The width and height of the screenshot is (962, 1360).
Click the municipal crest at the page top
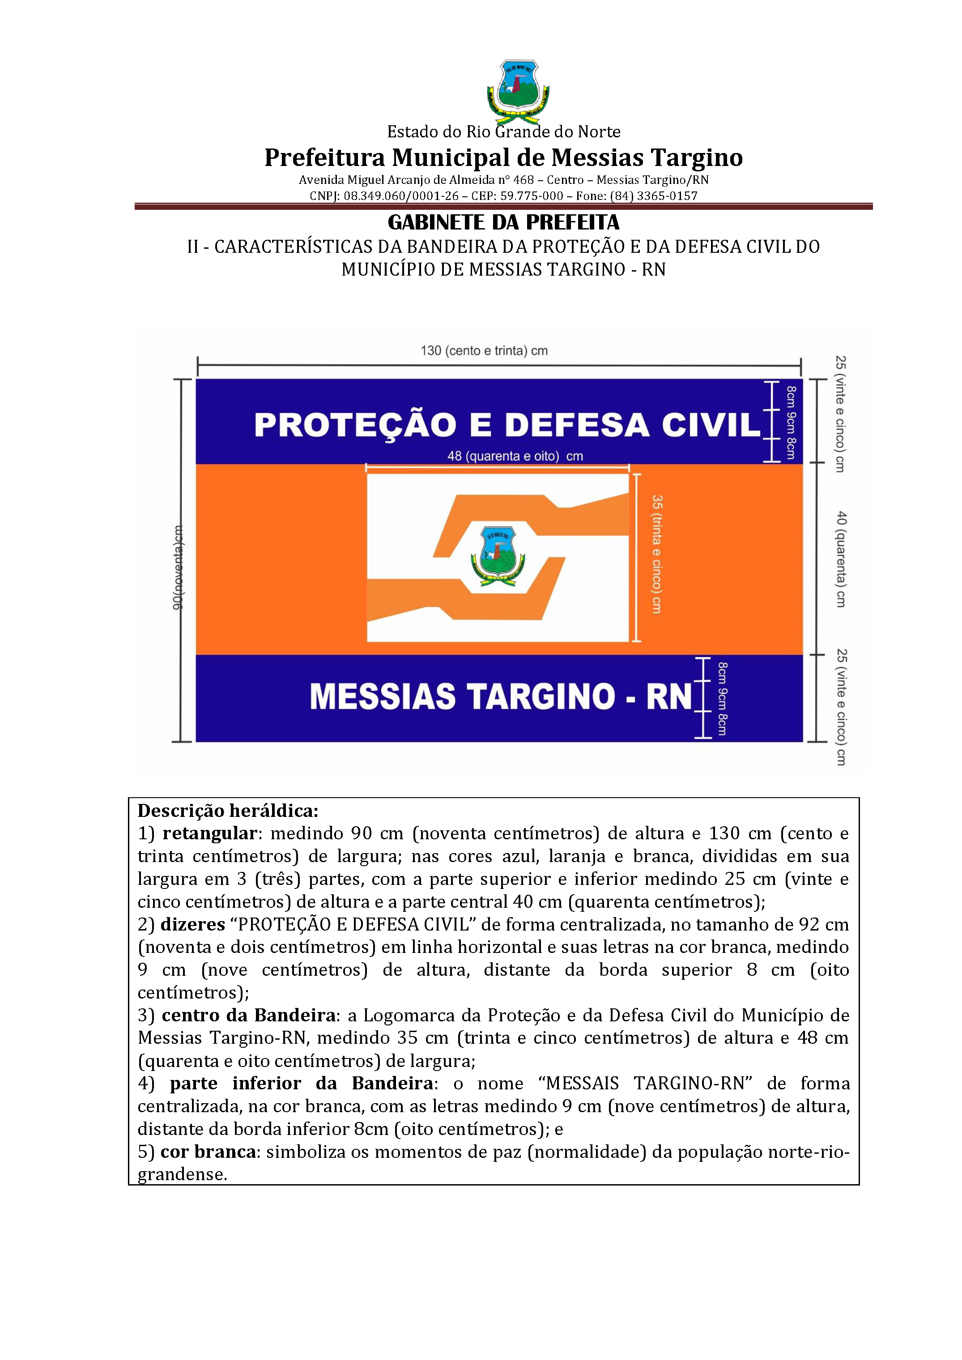tap(518, 90)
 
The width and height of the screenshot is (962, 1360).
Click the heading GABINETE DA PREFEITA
tap(503, 223)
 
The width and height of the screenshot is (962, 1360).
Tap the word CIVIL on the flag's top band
tap(711, 425)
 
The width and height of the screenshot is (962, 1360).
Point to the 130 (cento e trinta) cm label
tap(484, 351)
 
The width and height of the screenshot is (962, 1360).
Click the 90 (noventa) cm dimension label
tap(178, 567)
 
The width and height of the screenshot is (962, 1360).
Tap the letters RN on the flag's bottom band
tap(669, 696)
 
